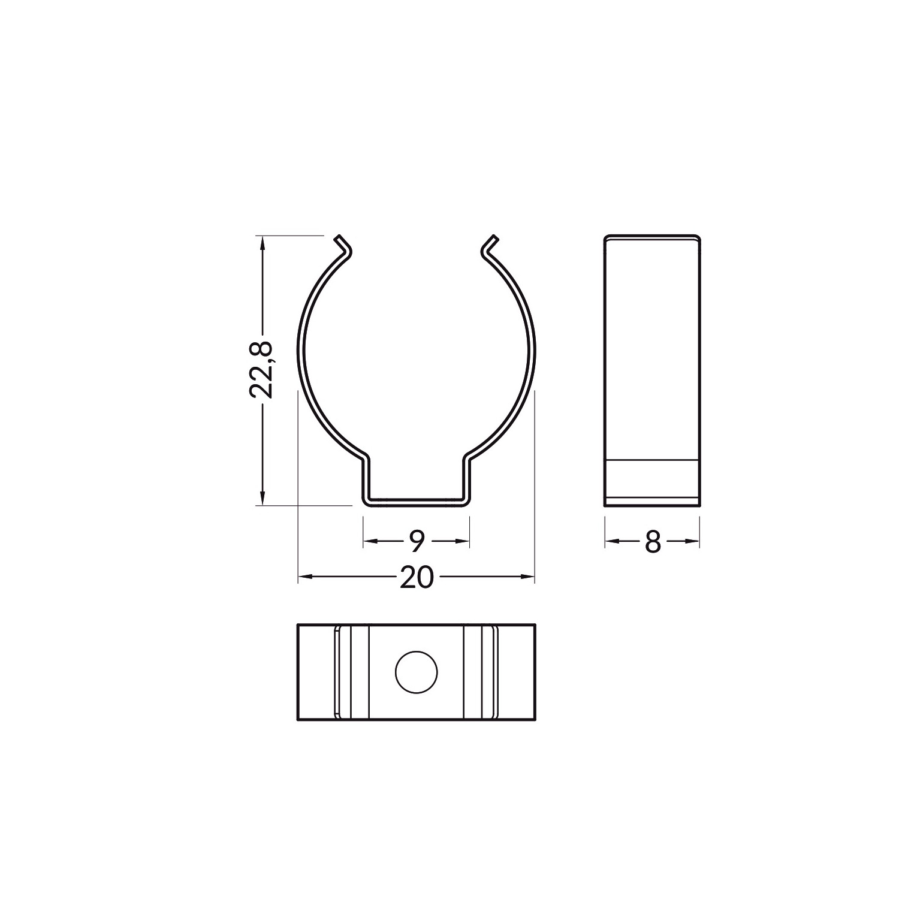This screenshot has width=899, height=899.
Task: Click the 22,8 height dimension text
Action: point(261,370)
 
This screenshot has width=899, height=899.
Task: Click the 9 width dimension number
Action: point(417,542)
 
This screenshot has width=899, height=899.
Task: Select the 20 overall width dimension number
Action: point(416,578)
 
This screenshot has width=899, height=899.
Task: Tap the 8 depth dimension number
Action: point(653,542)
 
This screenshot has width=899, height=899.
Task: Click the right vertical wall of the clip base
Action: point(466,479)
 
